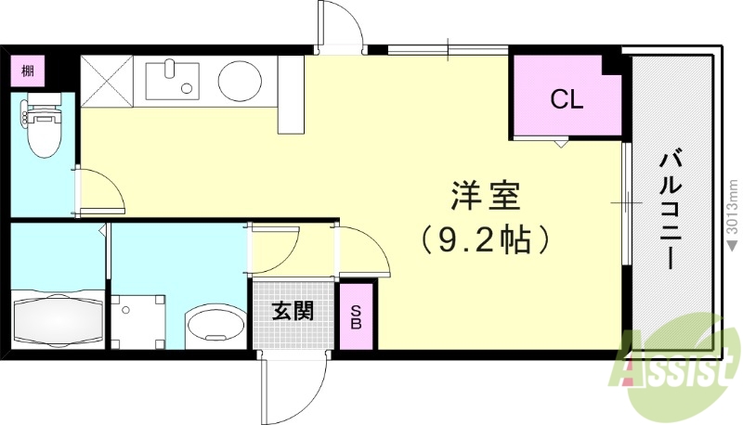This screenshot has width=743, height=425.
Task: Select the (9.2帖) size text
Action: pos(485,241)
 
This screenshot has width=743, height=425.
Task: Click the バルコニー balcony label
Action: pos(669,212)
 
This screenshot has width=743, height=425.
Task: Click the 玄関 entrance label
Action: pos(292,311)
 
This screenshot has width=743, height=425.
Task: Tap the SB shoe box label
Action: pos(356,316)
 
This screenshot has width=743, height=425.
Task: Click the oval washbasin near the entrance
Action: pos(214,325)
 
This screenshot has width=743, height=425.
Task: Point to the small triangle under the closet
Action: pos(560,144)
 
